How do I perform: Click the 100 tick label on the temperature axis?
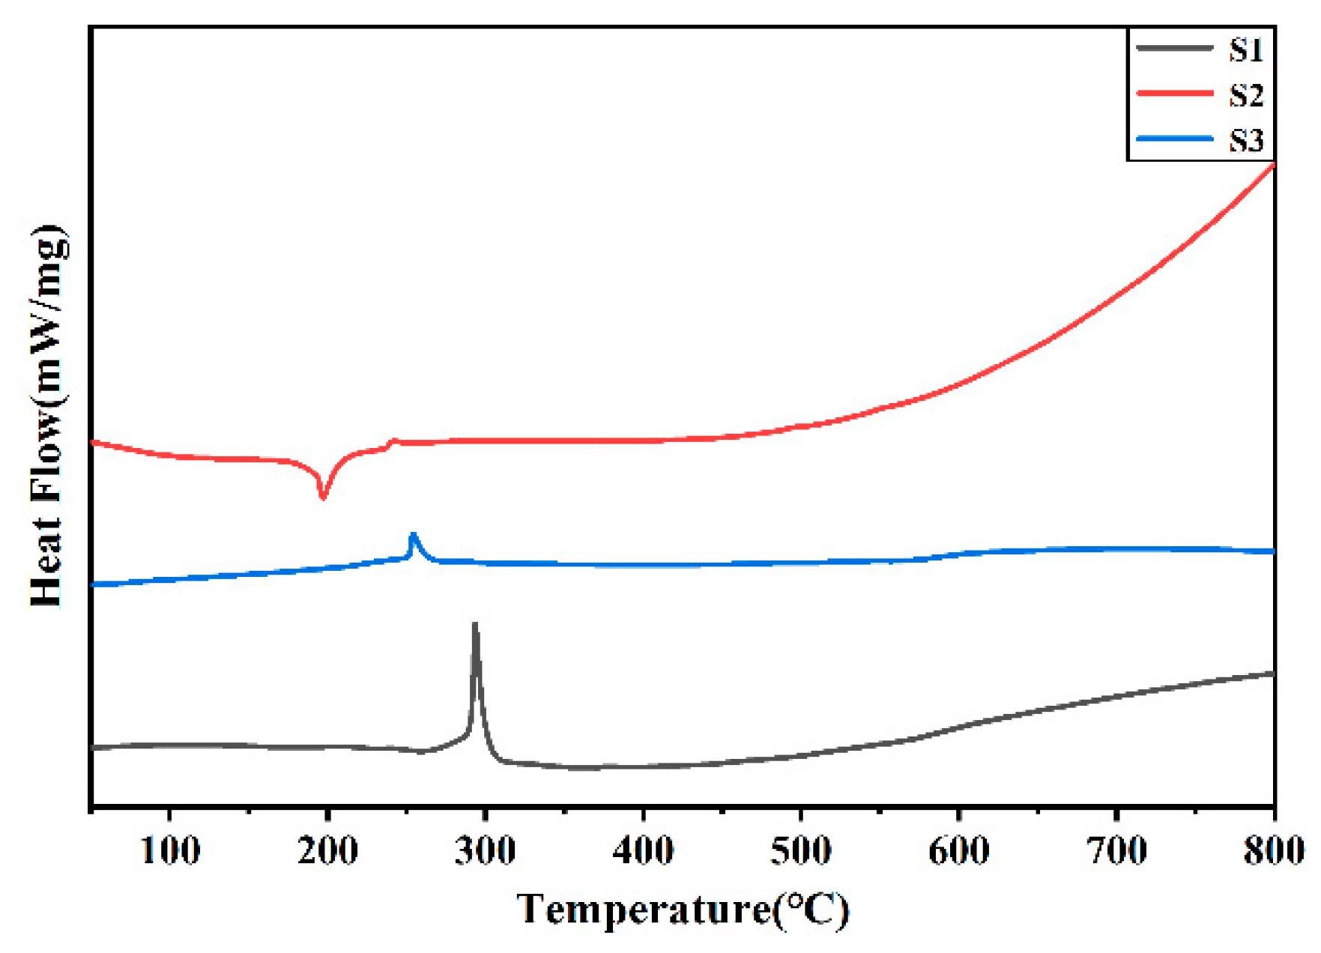170,851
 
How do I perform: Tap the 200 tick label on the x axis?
327,851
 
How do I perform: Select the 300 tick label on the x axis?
486,851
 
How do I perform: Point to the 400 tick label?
643,851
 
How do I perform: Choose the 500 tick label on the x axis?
801,851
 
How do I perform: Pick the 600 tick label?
958,851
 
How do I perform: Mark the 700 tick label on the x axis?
1116,851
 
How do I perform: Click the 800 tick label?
1273,851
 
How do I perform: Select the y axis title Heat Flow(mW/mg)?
48,415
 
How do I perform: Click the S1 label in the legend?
1246,50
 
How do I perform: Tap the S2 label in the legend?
1246,95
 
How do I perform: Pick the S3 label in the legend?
1246,140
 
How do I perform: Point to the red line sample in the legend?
1174,94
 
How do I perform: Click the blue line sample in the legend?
1174,139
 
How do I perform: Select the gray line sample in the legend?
1174,48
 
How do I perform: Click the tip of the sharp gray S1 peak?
474,624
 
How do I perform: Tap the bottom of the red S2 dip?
323,497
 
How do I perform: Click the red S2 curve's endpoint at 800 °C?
1273,165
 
